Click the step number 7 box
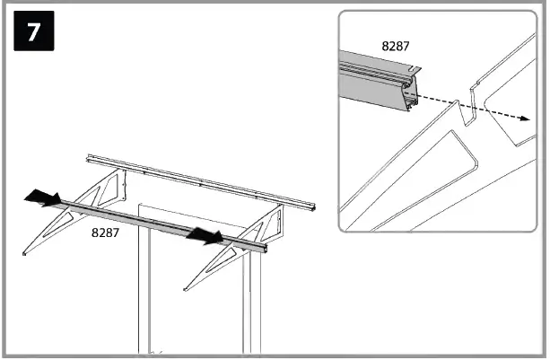34,31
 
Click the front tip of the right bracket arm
185,289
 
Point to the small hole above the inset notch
476,83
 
